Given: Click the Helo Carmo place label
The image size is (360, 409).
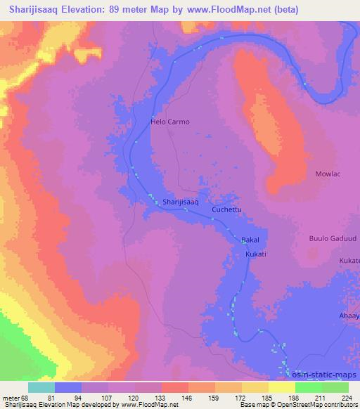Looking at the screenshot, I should coord(170,122).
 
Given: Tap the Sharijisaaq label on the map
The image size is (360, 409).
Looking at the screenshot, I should coord(181,202).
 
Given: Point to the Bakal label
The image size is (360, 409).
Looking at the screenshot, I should coord(250,240).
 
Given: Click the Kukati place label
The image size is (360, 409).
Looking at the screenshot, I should coord(256,253).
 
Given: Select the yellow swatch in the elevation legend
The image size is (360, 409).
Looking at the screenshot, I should coord(281,387).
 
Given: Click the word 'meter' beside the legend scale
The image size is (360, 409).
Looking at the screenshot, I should coord(9,398).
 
